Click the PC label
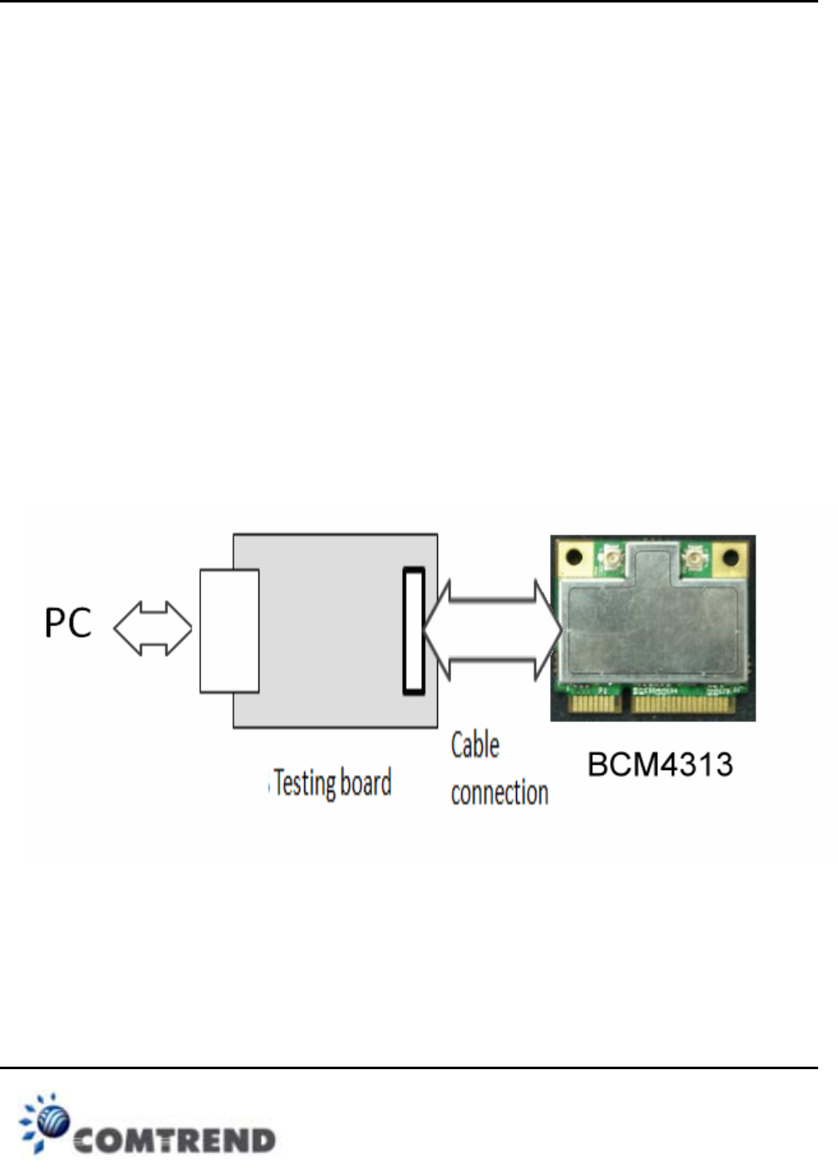(x=68, y=623)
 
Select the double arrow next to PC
(x=153, y=628)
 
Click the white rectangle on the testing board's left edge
(x=229, y=631)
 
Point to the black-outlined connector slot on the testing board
(x=414, y=631)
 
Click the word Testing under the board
(x=304, y=783)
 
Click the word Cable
(x=475, y=745)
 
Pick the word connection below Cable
(x=500, y=792)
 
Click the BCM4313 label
(x=660, y=764)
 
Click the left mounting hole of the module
(x=573, y=556)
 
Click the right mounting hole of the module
(x=731, y=557)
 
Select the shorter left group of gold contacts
(x=595, y=704)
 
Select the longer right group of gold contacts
(x=684, y=705)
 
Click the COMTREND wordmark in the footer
(x=174, y=1139)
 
